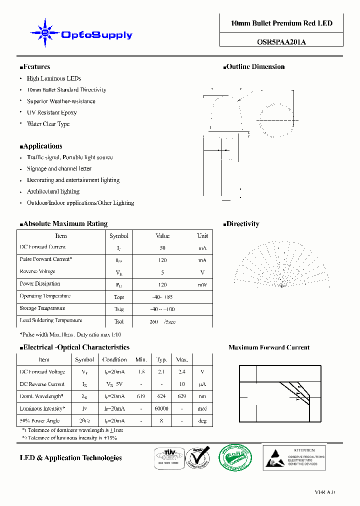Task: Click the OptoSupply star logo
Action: (x=45, y=33)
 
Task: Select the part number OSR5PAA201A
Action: (x=281, y=42)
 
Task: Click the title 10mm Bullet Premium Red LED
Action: (x=281, y=23)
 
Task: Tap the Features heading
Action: (x=35, y=67)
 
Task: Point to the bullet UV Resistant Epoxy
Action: (x=52, y=112)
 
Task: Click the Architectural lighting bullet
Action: (x=53, y=191)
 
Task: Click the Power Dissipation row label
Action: (x=40, y=283)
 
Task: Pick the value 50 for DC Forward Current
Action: (x=162, y=248)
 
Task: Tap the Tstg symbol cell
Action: (x=119, y=309)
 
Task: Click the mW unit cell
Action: (x=202, y=284)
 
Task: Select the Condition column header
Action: (x=114, y=359)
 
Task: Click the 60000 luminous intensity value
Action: (x=161, y=408)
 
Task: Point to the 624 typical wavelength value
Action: (x=161, y=396)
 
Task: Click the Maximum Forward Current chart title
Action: (x=269, y=347)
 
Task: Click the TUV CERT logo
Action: (x=167, y=457)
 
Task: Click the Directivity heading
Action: (x=241, y=224)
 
